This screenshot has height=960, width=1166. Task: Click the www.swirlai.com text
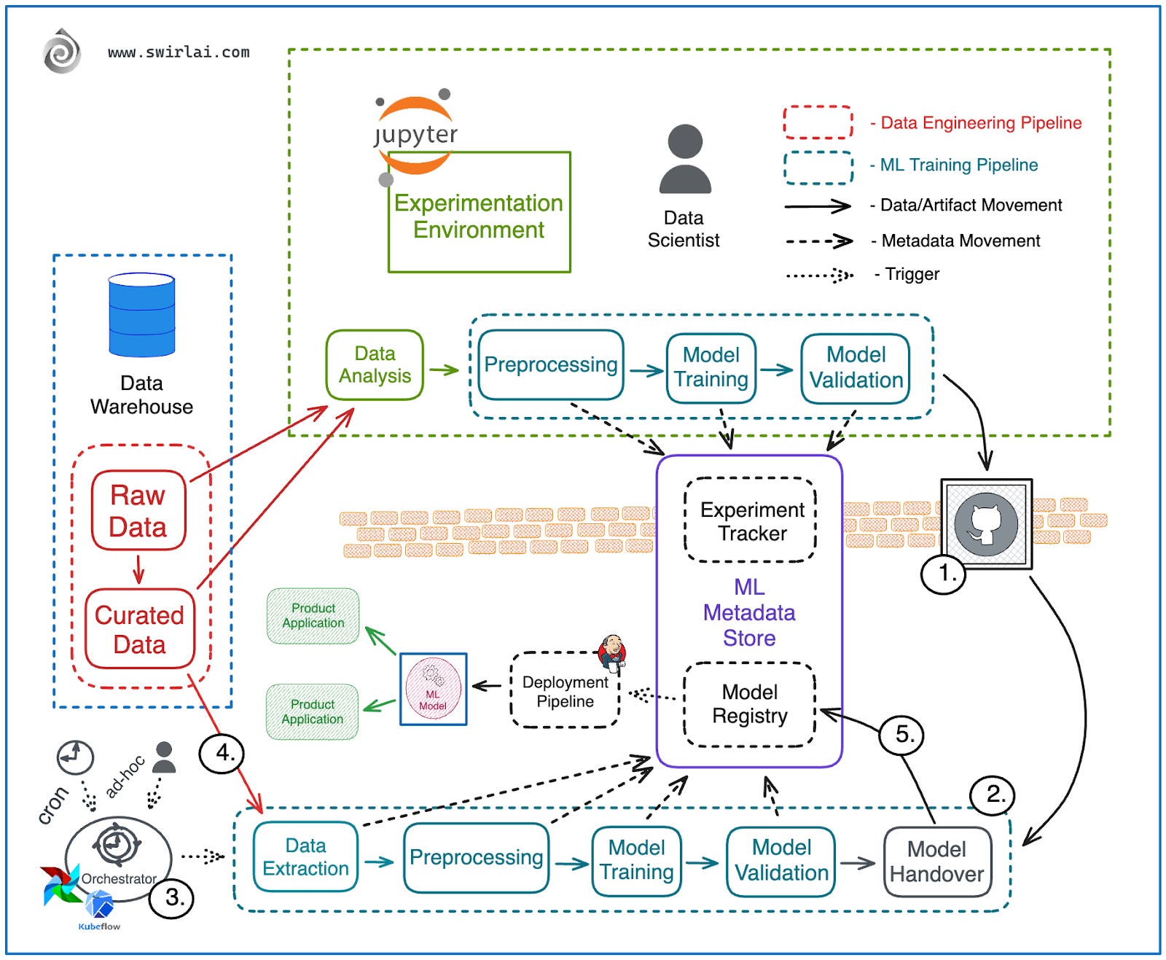pos(179,52)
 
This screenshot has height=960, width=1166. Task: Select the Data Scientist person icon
pos(684,159)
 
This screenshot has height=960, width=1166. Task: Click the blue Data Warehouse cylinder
pos(141,315)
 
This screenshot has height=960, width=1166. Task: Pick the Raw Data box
pos(138,511)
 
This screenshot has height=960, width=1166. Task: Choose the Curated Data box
pos(139,629)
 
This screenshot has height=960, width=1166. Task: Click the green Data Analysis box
pos(375,364)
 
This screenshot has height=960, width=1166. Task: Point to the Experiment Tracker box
pos(751,520)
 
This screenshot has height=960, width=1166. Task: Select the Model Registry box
pos(750,704)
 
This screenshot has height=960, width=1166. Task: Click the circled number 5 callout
pos(901,734)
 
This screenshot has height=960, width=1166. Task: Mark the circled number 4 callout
pos(221,753)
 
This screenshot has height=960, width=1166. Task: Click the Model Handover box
pos(936,862)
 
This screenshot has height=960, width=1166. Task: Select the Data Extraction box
pos(305,857)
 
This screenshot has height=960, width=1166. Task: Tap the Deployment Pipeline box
pos(565,691)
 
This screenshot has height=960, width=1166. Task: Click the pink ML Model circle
pos(433,689)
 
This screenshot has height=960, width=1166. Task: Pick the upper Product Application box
pos(313,616)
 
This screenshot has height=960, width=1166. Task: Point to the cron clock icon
pos(75,757)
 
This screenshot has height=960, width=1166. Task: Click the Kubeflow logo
pos(99,908)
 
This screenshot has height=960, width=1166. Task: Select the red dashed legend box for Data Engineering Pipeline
pos(818,122)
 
